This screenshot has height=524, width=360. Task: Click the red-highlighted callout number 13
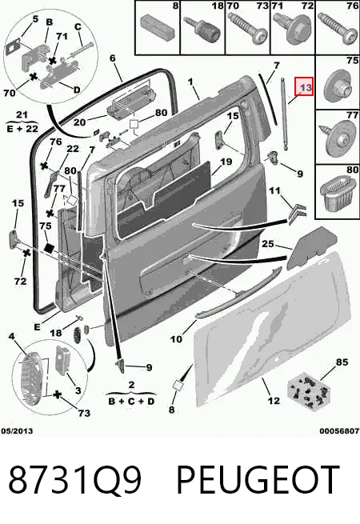(304, 86)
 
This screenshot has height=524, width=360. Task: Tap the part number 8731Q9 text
(75, 479)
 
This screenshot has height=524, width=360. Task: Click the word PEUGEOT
(258, 479)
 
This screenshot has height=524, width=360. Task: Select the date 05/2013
(17, 430)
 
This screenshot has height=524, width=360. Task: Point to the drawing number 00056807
(339, 430)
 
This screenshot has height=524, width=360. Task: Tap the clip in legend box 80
(338, 194)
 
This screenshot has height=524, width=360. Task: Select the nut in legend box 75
(338, 86)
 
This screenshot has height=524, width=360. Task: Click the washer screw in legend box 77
(338, 138)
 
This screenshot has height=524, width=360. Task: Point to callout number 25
(267, 244)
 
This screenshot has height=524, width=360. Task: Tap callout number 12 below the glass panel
(274, 400)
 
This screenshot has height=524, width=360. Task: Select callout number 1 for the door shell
(190, 82)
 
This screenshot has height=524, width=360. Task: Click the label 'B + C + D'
(131, 401)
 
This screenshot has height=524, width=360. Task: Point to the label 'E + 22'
(22, 128)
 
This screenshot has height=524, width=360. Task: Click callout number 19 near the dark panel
(226, 162)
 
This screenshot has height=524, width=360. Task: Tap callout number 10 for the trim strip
(176, 339)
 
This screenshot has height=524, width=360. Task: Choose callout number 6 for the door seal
(112, 58)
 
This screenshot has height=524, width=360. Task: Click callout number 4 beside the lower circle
(12, 335)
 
